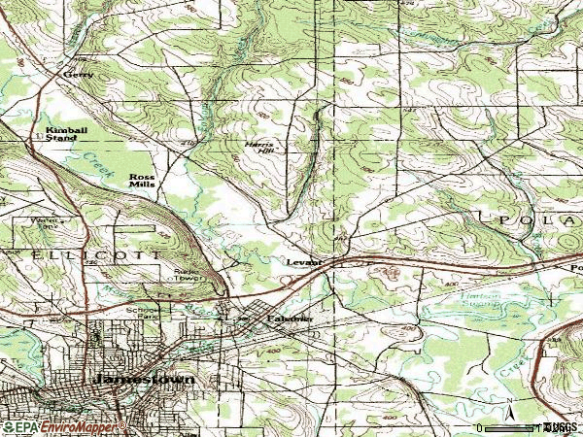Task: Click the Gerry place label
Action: [x=76, y=74]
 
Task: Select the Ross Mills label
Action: [x=143, y=181]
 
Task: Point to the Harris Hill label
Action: [x=259, y=147]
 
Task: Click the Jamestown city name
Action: [x=141, y=378]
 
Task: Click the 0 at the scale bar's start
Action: [x=479, y=427]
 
